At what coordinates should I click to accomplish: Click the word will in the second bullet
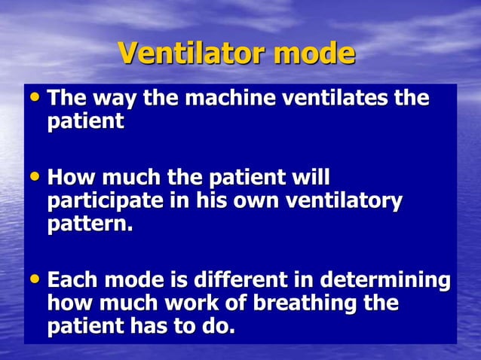[308, 179]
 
